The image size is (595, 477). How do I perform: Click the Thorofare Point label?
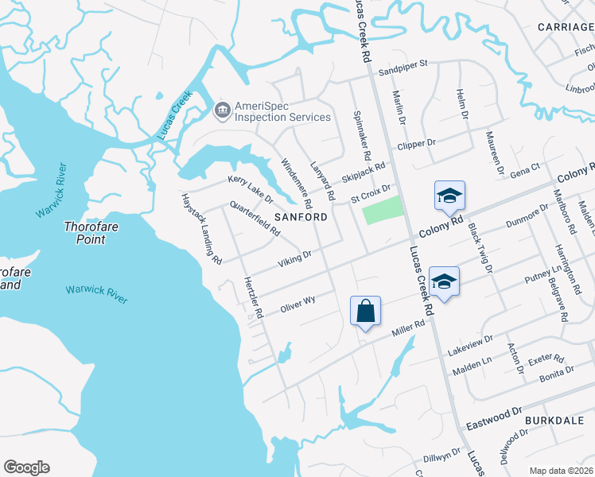pyautogui.click(x=84, y=232)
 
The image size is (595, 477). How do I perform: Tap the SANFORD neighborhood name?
pyautogui.click(x=301, y=217)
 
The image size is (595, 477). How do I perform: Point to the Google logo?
pyautogui.click(x=26, y=467)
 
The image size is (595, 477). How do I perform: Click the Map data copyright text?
pyautogui.click(x=560, y=471)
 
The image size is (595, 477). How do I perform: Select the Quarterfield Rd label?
pyautogui.click(x=254, y=219)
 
